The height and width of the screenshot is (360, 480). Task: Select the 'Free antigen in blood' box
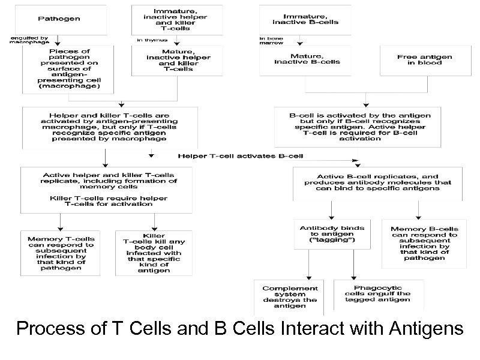[424, 59]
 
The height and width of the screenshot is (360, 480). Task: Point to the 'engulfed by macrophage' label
[29, 40]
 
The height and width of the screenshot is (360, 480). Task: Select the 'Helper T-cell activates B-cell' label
[240, 156]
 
